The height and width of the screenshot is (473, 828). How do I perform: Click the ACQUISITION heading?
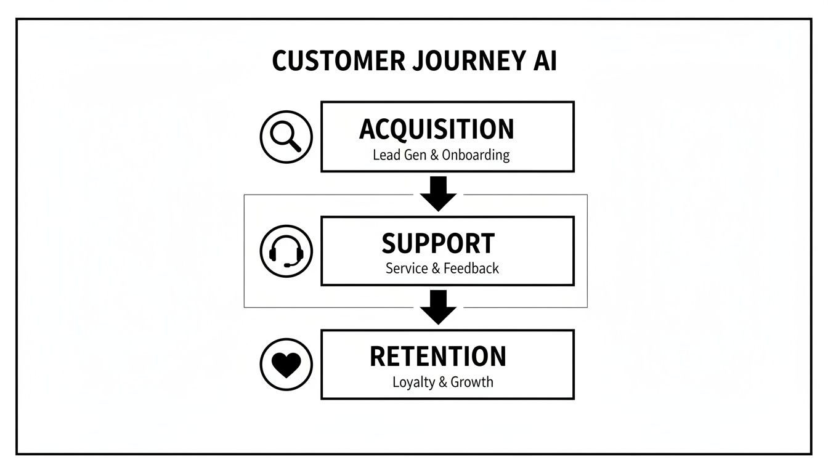(x=437, y=129)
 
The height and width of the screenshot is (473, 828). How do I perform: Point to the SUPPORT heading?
(x=438, y=243)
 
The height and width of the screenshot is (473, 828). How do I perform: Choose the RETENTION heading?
(x=437, y=357)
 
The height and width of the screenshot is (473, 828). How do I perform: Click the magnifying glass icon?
(x=286, y=137)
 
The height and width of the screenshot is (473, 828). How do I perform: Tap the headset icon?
(x=286, y=251)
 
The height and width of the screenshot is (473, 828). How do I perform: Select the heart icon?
(x=286, y=365)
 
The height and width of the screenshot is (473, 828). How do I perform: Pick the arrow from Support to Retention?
(x=438, y=307)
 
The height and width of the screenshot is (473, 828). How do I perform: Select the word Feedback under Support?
(x=471, y=269)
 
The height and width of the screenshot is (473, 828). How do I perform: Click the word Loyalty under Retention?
(x=413, y=382)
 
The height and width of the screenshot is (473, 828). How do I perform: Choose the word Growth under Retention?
(x=472, y=382)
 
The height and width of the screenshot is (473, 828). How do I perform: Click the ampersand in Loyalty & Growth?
(x=442, y=382)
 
